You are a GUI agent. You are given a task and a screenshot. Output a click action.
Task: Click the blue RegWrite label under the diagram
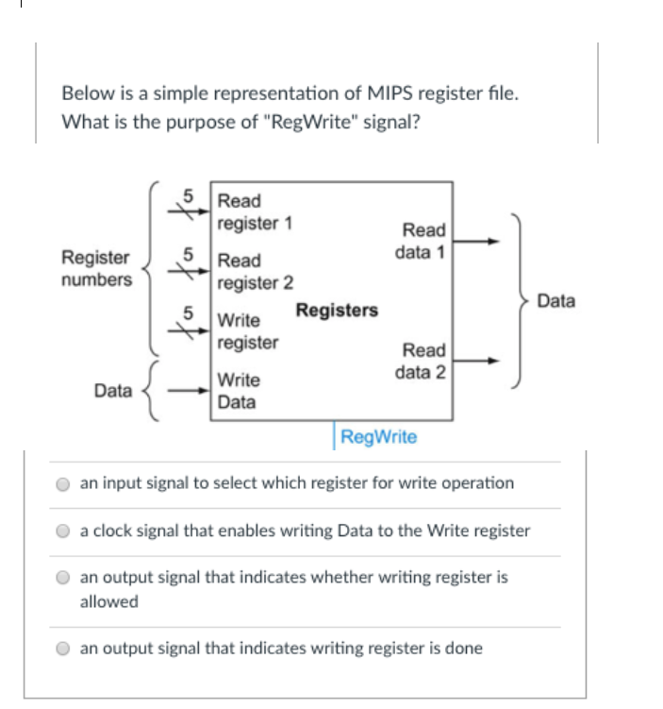click(378, 437)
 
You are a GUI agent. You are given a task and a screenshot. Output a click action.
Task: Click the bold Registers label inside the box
click(337, 311)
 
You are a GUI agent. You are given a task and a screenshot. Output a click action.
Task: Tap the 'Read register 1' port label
click(254, 212)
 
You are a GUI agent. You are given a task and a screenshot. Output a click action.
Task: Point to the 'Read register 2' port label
click(254, 271)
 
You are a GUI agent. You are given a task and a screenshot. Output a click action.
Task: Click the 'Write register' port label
click(247, 331)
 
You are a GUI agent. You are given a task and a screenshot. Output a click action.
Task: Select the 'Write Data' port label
click(238, 391)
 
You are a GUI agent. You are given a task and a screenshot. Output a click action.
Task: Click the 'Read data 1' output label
click(423, 241)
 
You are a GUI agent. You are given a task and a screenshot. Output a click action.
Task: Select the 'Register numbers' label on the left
click(96, 268)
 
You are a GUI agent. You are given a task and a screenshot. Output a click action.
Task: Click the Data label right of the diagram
click(555, 301)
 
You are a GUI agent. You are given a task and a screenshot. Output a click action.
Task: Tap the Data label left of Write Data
click(113, 390)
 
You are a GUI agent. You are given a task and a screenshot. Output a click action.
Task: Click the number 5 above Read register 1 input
click(189, 197)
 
